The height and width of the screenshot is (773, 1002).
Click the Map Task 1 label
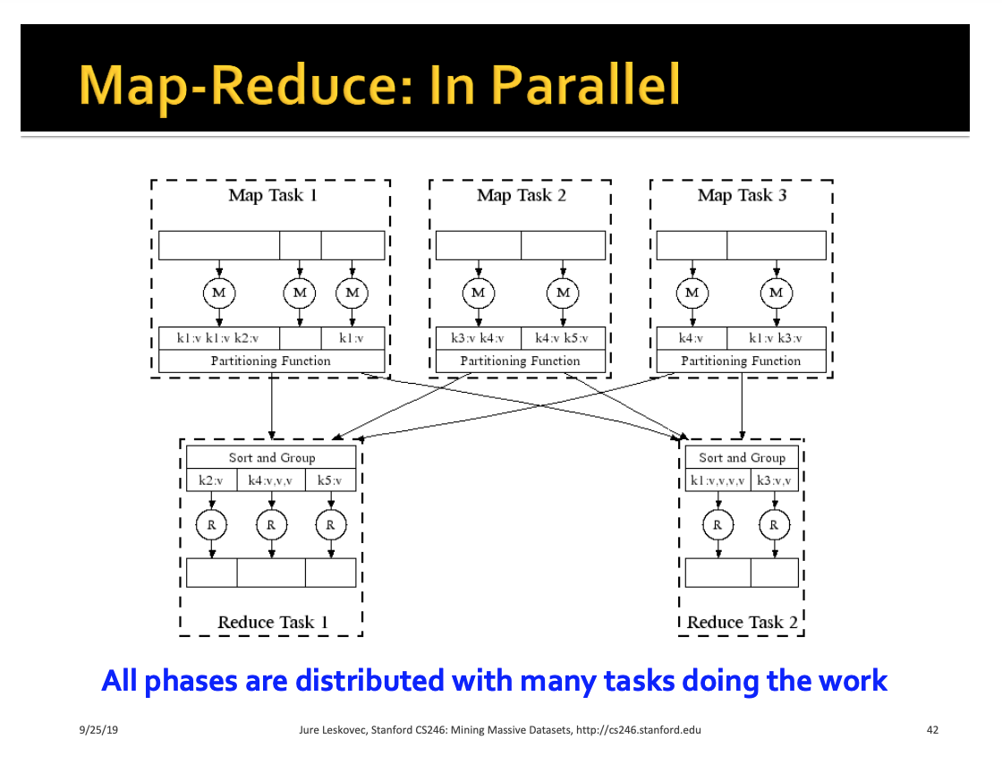point(273,195)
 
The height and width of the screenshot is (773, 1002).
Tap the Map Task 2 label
point(522,195)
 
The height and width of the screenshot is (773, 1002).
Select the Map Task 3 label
point(742,195)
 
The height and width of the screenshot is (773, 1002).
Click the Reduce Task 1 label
point(273,622)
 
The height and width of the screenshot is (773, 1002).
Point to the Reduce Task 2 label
point(743,622)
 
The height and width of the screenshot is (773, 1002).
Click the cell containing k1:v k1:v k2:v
point(219,338)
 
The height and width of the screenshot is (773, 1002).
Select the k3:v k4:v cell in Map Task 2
point(478,338)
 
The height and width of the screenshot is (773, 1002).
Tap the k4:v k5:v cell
point(563,338)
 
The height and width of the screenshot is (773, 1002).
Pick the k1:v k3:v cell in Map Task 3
point(776,338)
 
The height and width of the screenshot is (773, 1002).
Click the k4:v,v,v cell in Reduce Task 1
point(271,480)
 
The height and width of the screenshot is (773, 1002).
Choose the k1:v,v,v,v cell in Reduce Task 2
point(718,480)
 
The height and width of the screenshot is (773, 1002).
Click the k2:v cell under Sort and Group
point(211,480)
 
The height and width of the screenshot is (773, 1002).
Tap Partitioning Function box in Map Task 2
point(520,361)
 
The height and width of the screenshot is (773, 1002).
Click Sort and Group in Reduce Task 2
point(742,457)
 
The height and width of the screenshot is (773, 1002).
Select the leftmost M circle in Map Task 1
point(219,293)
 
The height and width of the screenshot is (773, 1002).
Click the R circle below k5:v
point(330,525)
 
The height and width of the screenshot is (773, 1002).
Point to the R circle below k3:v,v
point(774,525)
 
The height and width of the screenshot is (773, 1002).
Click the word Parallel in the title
point(585,85)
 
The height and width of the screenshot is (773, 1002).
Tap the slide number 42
point(932,729)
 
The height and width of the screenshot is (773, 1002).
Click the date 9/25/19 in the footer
point(98,729)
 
